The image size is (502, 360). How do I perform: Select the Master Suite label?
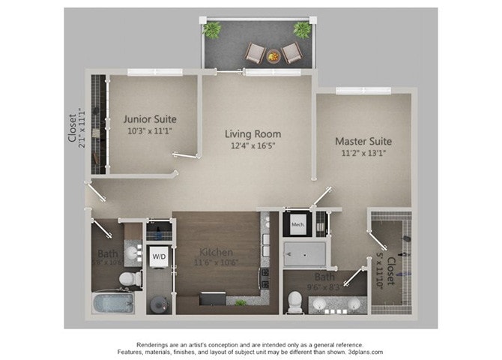coord(363,141)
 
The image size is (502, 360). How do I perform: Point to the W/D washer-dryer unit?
coord(159,256)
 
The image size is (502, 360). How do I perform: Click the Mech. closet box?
coord(296,223)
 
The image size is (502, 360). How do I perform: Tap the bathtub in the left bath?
coord(113,304)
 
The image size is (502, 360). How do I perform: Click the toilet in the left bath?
coord(130,279)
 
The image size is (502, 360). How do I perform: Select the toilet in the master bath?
coord(295,301)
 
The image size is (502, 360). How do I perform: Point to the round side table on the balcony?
coord(273,55)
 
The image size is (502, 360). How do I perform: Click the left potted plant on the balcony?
coord(213,29)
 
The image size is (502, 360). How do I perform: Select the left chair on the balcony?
coord(255,53)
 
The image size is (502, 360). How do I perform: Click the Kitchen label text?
coord(215,252)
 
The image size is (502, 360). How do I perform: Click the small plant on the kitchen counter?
coord(240,302)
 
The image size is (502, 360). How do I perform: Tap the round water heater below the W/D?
coord(159,304)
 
